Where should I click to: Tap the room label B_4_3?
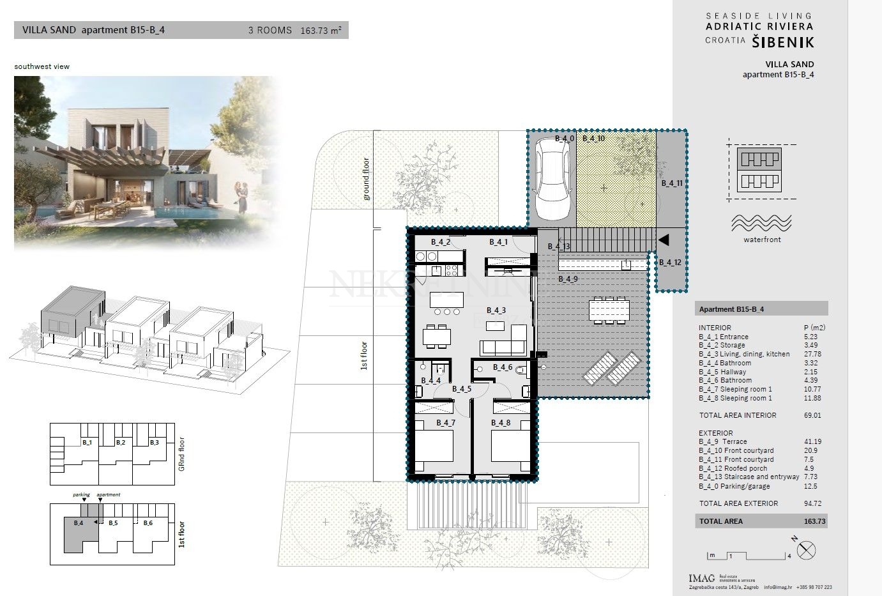[496, 310]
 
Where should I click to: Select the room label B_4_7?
[445, 423]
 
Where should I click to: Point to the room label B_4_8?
[501, 423]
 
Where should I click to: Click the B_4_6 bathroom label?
[502, 367]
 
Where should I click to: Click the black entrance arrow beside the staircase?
[664, 240]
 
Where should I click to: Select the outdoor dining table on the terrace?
[607, 310]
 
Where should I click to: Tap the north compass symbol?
[807, 550]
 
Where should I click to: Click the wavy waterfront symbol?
[761, 223]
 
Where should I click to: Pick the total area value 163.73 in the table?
[814, 521]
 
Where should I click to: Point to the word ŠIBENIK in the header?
[782, 42]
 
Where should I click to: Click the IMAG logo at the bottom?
[701, 578]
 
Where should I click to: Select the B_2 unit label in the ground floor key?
[121, 442]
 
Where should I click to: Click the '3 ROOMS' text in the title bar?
[270, 30]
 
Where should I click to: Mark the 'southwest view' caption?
[42, 66]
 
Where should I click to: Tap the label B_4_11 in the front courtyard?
[672, 183]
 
